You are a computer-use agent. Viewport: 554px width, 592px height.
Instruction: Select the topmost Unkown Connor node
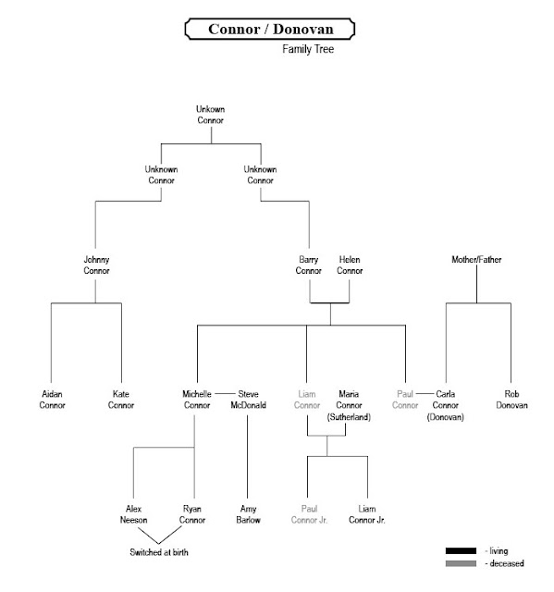[211, 116]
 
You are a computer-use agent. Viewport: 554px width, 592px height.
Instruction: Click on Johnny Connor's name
[96, 265]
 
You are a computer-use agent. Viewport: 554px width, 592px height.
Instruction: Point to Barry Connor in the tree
[308, 265]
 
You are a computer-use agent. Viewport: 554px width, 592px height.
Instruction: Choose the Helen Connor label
[350, 265]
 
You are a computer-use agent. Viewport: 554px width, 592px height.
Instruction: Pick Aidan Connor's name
[52, 399]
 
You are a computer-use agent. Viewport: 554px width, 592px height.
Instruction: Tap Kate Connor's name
[121, 399]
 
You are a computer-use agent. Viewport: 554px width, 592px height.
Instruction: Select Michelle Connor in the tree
[196, 399]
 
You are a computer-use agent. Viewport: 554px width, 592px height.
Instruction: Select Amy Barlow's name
[247, 514]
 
